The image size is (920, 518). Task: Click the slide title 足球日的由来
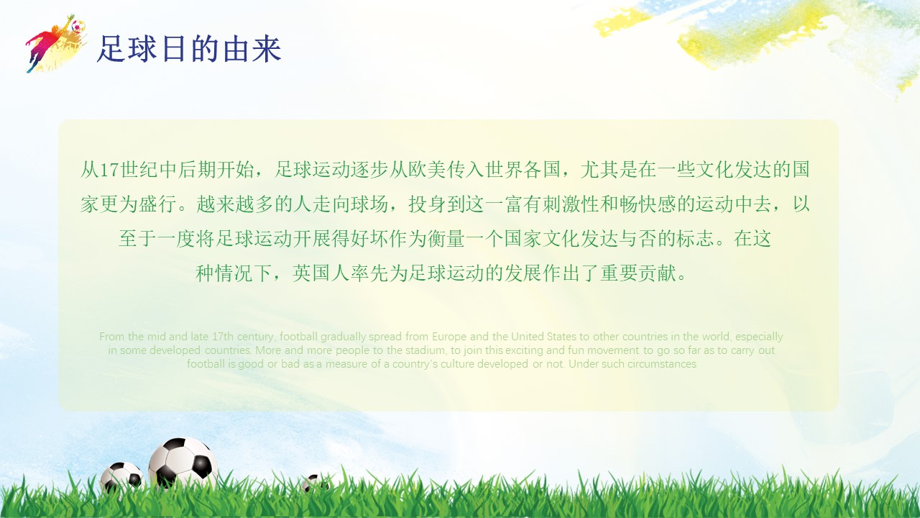coord(188,49)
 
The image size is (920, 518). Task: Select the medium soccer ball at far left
coord(121,476)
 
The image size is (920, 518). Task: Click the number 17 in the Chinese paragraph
coord(108,171)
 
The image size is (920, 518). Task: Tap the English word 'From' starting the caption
coord(111,337)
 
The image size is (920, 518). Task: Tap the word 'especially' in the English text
coord(759,337)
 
